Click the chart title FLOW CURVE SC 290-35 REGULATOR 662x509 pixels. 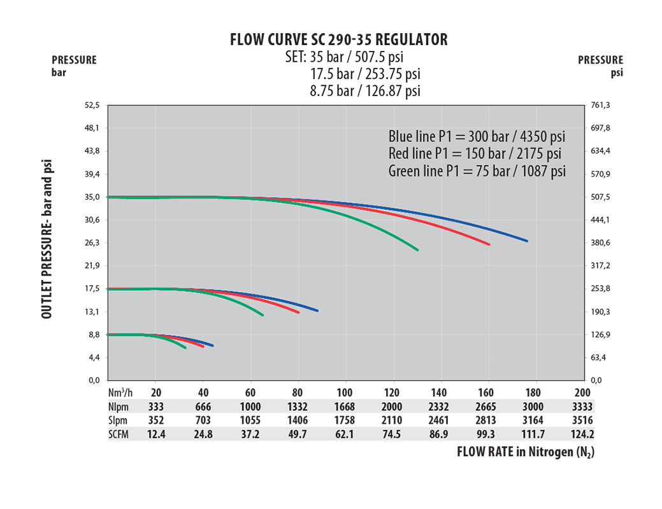point(338,39)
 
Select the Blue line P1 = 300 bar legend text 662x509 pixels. point(477,137)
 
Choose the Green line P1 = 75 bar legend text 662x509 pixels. point(477,171)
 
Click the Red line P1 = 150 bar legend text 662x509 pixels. point(475,154)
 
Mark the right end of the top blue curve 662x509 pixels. point(527,241)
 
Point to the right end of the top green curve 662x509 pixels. point(417,250)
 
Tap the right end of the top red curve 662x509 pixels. point(489,244)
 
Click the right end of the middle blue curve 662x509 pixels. point(317,310)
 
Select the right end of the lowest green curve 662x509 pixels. point(185,348)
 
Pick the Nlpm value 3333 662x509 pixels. point(582,407)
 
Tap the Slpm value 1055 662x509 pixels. point(250,421)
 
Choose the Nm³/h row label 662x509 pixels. point(120,393)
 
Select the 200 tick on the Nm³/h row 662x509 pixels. point(582,393)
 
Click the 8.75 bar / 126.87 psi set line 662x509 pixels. point(365,90)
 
